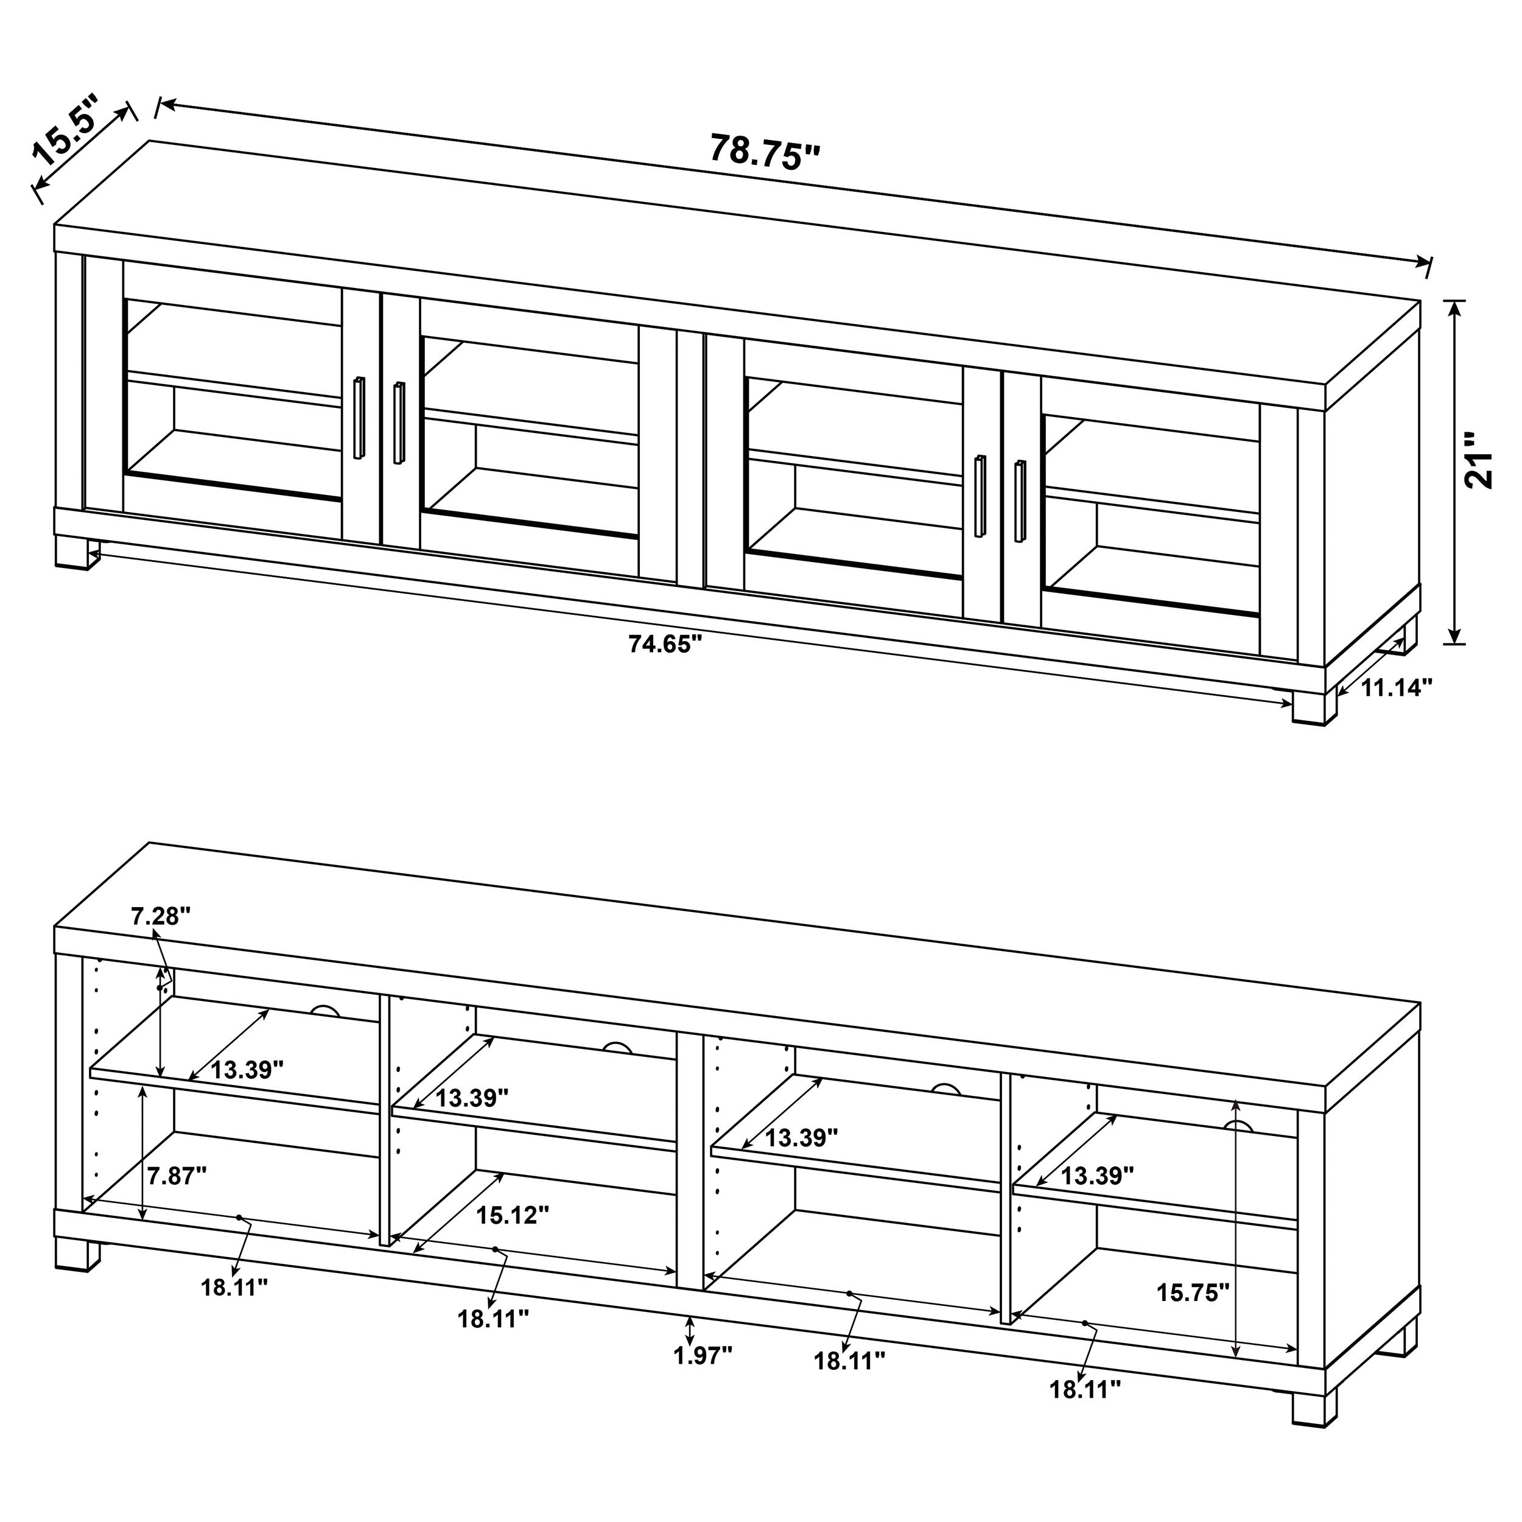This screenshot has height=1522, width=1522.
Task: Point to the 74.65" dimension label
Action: coord(664,644)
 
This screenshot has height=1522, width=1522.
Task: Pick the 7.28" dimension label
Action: coord(161,916)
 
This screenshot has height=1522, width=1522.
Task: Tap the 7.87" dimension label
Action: coord(177,1176)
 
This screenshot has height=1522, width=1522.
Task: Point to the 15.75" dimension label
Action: coord(1193,1292)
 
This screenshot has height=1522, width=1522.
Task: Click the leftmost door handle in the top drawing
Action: coord(359,418)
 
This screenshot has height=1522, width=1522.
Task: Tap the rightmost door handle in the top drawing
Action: coord(1020,501)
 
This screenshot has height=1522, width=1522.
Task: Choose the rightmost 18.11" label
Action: coord(1084,1389)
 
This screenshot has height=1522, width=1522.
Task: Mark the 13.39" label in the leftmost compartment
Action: coord(247,1070)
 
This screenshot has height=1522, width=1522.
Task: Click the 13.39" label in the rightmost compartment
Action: coord(1096,1176)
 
